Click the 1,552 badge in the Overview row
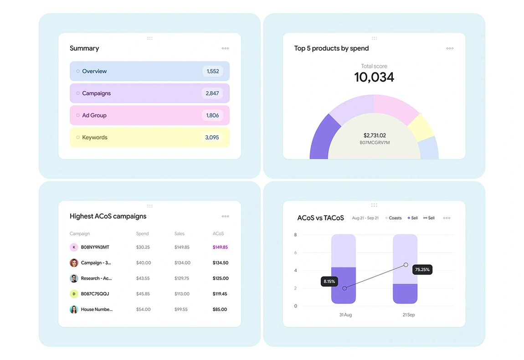(x=213, y=71)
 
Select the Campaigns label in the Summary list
(x=96, y=93)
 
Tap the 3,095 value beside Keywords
(x=212, y=138)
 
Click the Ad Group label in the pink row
(x=94, y=115)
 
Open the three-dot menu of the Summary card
(x=225, y=48)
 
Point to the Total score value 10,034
(x=374, y=77)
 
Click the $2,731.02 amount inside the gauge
(x=375, y=135)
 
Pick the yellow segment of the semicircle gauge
(x=420, y=127)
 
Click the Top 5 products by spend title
(x=331, y=48)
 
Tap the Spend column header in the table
(x=142, y=234)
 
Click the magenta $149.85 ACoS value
(x=220, y=247)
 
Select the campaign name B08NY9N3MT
(x=95, y=247)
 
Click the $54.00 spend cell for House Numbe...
(x=143, y=309)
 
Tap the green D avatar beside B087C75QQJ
(x=74, y=294)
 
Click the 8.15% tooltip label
(x=329, y=282)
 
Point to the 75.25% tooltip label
(x=422, y=270)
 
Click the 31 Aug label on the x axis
(x=345, y=315)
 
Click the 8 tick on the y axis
(x=295, y=235)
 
